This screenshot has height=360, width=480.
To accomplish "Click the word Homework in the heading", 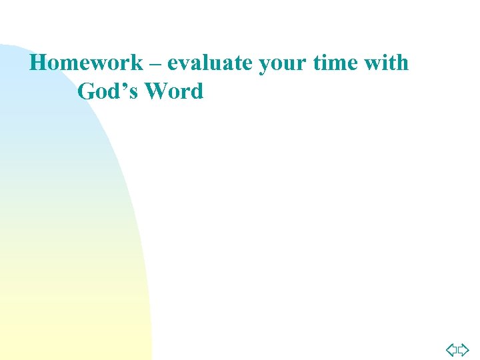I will pyautogui.click(x=87, y=63).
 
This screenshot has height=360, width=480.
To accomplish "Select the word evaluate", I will pyautogui.click(x=210, y=63).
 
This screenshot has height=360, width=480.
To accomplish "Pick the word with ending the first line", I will pyautogui.click(x=389, y=63).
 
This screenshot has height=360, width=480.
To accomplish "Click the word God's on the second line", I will pyautogui.click(x=107, y=91).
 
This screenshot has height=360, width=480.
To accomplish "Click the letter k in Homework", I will pyautogui.click(x=136, y=63).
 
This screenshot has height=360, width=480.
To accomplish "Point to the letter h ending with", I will pyautogui.click(x=402, y=63).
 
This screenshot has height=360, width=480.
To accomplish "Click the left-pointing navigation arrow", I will pyautogui.click(x=451, y=349).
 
